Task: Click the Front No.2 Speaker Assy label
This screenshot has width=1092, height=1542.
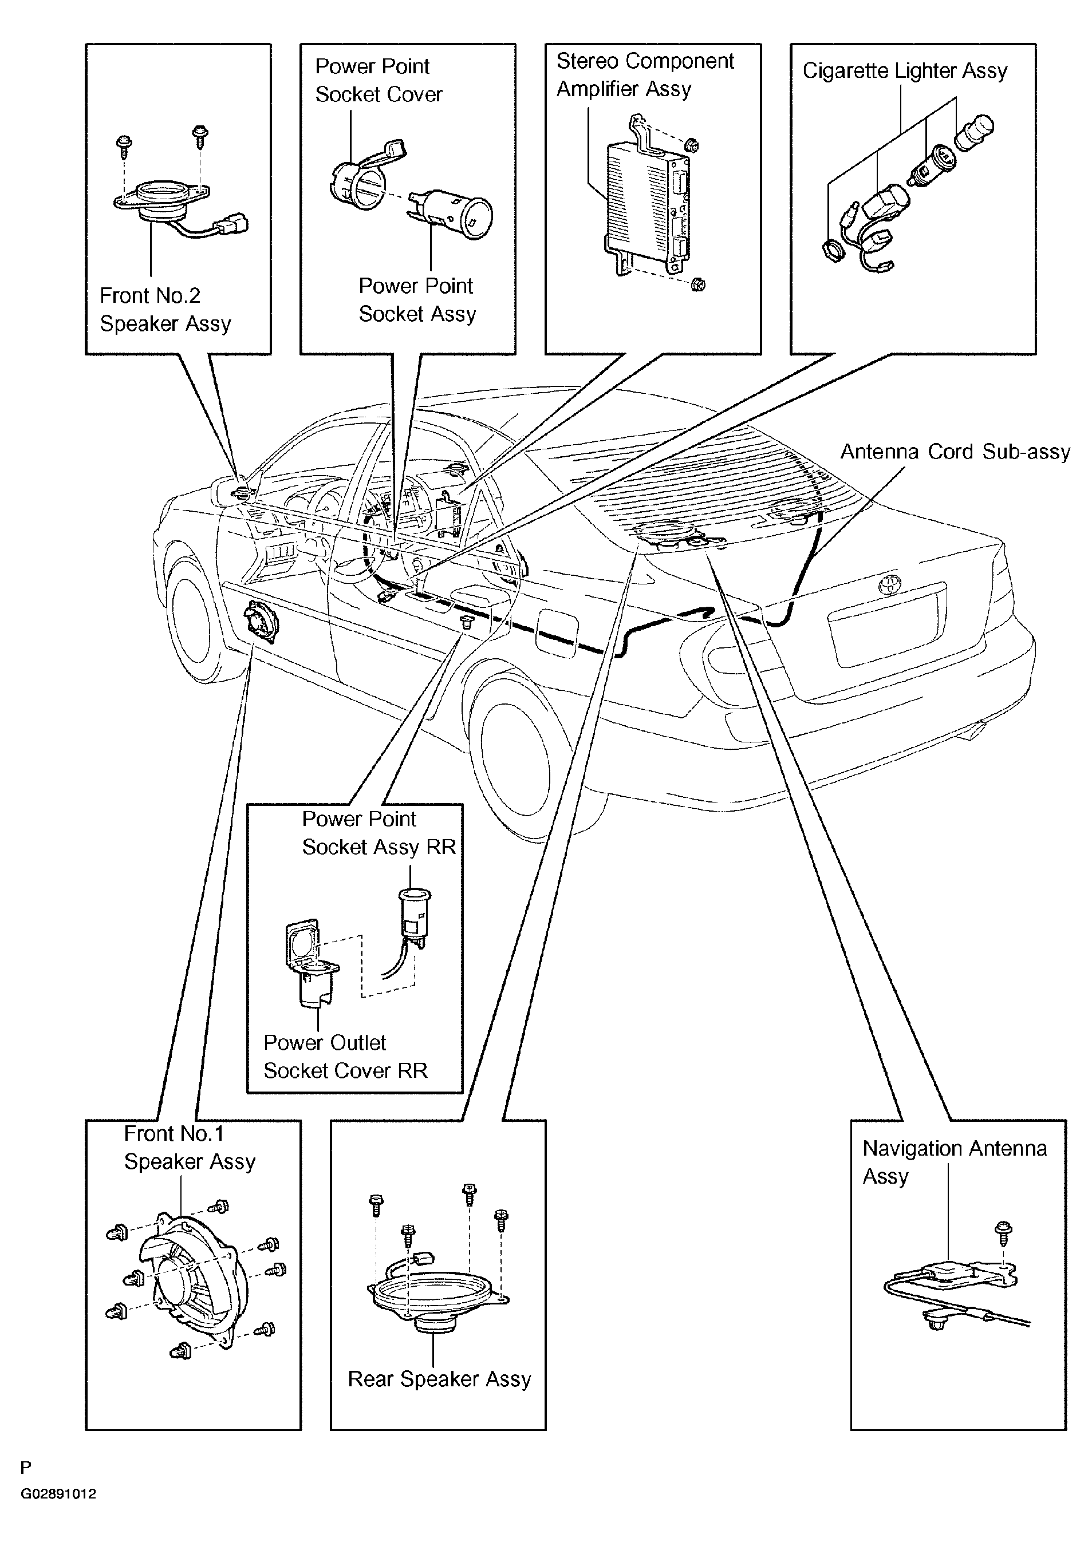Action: pos(165,309)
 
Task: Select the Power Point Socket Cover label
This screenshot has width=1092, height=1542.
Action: pos(379,80)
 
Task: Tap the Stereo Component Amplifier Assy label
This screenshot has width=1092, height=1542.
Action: pos(645,74)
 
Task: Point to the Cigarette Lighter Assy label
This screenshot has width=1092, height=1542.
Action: pos(905,70)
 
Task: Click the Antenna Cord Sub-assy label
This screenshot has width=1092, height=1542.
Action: pos(955,451)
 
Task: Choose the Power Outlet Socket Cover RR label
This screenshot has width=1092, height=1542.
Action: pos(345,1056)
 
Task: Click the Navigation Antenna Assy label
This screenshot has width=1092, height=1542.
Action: pos(954,1162)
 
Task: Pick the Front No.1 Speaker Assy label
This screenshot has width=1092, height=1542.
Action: pos(190,1148)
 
